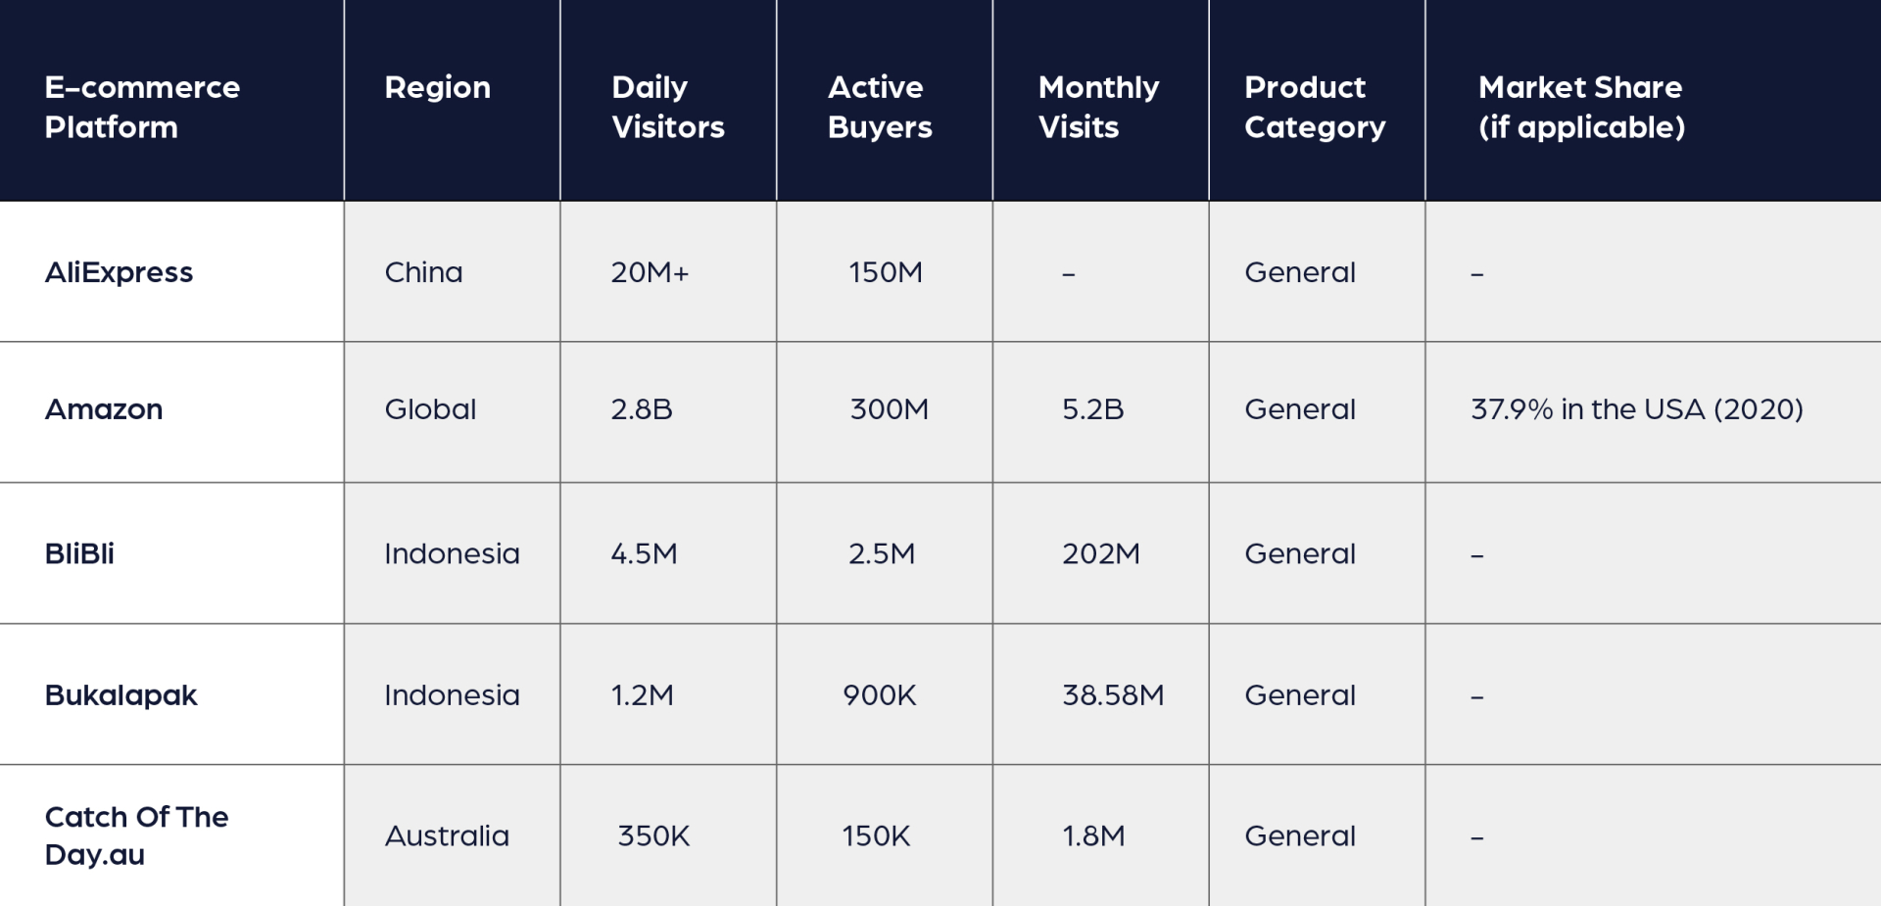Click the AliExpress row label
tap(119, 272)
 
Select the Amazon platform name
tap(104, 409)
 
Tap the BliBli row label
tap(79, 553)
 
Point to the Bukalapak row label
tap(121, 695)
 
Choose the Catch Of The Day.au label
tap(136, 835)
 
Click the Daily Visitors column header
tap(667, 107)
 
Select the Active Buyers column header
tap(879, 107)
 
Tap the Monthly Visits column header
tap(1097, 107)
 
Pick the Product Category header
tap(1314, 107)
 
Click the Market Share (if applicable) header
tap(1580, 107)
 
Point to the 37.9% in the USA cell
tap(1636, 409)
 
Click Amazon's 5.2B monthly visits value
tap(1092, 409)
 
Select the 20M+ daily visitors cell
tap(650, 272)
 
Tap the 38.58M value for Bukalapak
tap(1113, 695)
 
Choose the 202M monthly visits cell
tap(1100, 554)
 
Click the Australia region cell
tap(447, 836)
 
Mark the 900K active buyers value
tap(879, 695)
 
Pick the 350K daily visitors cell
tap(653, 836)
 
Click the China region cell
tap(423, 272)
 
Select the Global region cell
tap(430, 409)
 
